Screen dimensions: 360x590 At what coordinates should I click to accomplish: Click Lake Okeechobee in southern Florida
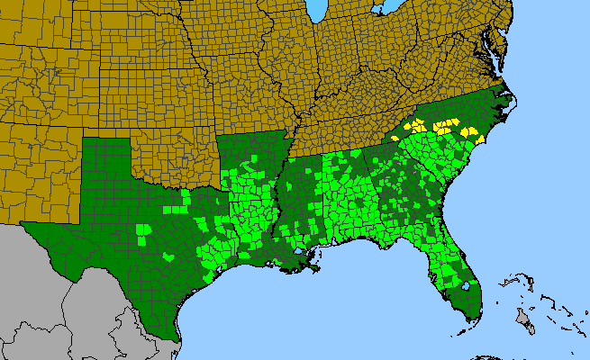466,288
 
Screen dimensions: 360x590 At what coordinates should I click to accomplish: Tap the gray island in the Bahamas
522,317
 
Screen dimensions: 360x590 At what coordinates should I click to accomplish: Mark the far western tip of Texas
27,226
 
